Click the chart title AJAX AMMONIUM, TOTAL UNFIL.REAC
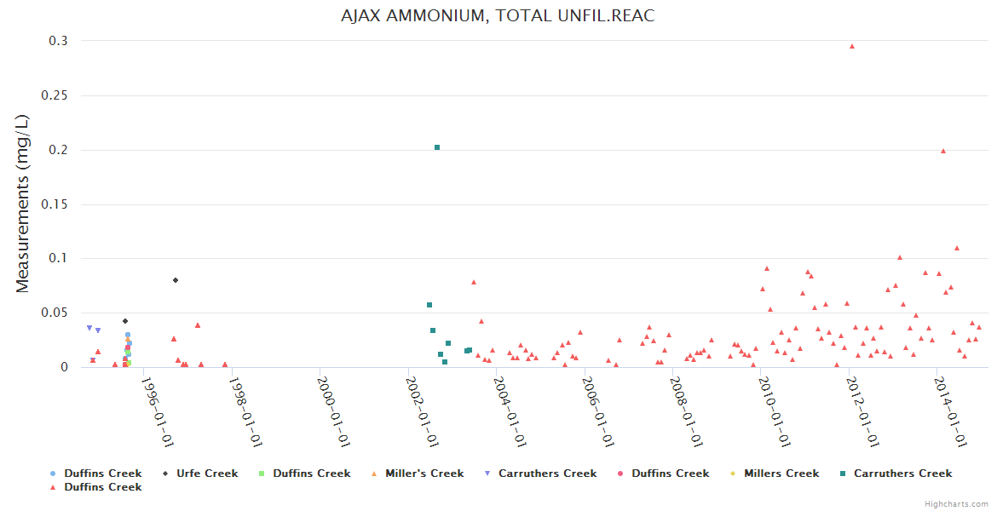click(498, 16)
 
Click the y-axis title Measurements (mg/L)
click(23, 204)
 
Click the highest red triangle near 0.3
click(851, 46)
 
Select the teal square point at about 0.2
click(437, 147)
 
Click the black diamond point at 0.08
click(176, 280)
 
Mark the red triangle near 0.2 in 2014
click(942, 151)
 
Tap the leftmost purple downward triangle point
click(89, 328)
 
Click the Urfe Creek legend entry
click(207, 474)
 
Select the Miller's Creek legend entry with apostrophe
click(424, 474)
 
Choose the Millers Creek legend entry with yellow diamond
click(781, 474)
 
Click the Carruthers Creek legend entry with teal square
click(902, 474)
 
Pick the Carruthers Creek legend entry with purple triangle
click(547, 474)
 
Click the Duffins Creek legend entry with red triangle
click(102, 487)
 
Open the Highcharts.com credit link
click(956, 504)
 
